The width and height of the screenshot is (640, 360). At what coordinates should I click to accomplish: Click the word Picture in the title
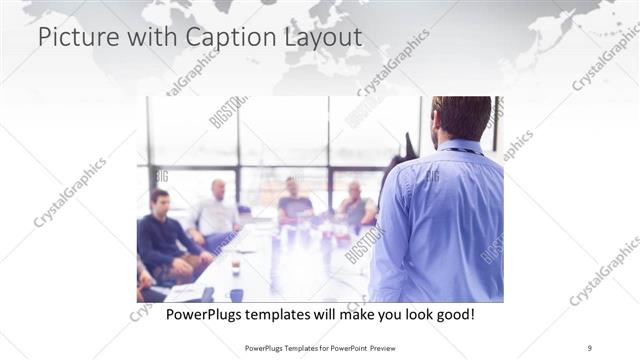pos(71,38)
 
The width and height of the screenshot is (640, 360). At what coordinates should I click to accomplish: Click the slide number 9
pos(590,348)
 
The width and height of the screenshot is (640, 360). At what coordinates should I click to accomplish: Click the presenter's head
pos(463,118)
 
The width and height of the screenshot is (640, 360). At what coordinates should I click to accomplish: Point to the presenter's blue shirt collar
pos(461,147)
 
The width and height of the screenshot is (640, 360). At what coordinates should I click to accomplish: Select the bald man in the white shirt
pos(217,209)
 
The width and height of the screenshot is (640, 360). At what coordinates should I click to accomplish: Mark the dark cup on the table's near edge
pos(235,294)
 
